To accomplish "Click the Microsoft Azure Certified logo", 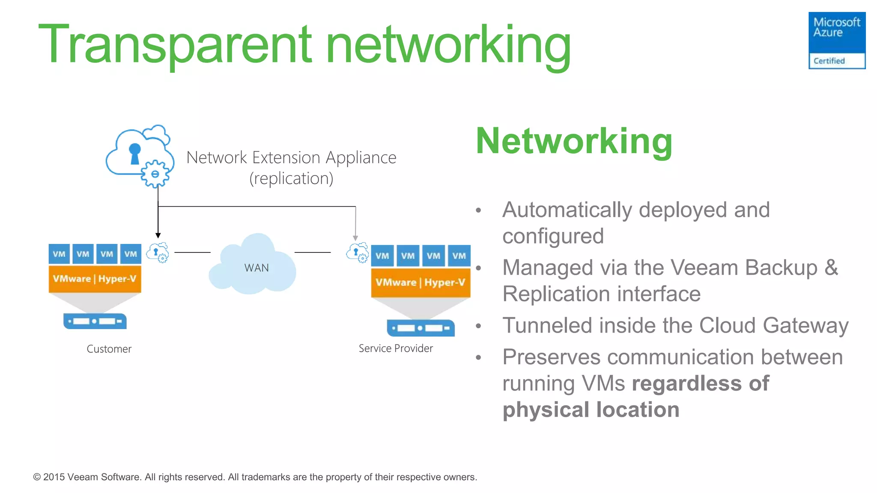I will (836, 40).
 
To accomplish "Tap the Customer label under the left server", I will (109, 349).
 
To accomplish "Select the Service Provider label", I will (395, 348).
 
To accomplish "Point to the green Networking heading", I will (574, 141).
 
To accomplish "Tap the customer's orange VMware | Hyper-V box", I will (95, 279).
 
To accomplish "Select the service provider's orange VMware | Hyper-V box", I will (420, 282).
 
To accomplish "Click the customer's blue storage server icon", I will (95, 321).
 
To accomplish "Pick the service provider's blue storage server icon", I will (420, 328).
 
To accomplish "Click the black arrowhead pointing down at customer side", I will (158, 235).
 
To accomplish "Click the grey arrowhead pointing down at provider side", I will (355, 238).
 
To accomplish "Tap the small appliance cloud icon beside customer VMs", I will (158, 252).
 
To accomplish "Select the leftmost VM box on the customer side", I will (59, 254).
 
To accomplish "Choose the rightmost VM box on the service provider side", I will (459, 255).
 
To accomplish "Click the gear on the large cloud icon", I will (155, 174).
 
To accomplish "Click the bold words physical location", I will (591, 410).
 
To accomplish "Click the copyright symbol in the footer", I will (37, 477).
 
